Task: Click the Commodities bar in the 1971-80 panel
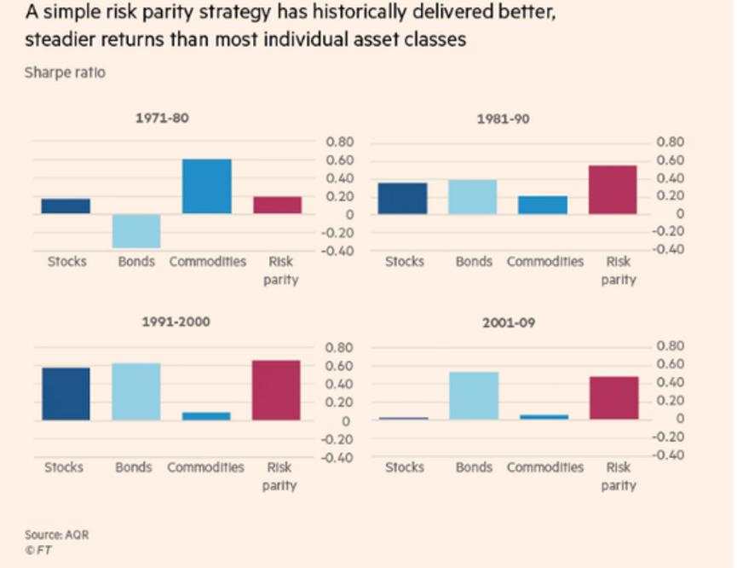click(207, 186)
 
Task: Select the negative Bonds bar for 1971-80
click(136, 230)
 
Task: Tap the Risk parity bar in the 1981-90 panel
click(613, 189)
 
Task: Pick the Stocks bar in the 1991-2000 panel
click(66, 394)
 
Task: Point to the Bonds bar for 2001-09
click(474, 396)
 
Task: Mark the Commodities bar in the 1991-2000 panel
click(206, 416)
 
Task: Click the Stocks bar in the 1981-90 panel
click(403, 198)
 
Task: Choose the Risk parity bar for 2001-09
click(613, 397)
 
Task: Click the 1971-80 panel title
click(162, 118)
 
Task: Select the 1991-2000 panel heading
click(175, 322)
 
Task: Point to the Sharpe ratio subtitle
click(66, 72)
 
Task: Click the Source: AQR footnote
click(56, 535)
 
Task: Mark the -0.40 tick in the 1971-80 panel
click(339, 251)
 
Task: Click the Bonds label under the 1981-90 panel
click(474, 262)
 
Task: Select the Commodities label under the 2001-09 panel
click(545, 467)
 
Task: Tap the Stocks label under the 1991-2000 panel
click(64, 467)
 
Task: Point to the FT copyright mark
click(38, 550)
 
